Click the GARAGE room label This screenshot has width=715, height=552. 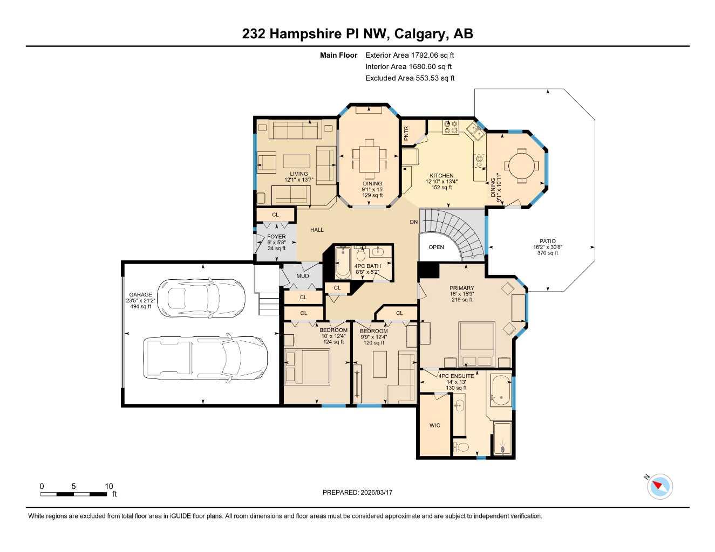click(x=140, y=295)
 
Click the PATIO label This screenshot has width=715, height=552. click(x=547, y=241)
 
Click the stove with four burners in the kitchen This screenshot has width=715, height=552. click(x=451, y=127)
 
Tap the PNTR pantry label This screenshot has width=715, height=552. click(x=406, y=133)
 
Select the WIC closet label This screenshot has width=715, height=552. click(x=434, y=425)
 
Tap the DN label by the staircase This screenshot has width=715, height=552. click(x=413, y=222)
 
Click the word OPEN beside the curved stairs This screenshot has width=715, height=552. click(x=436, y=247)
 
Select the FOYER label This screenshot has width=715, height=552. click(x=276, y=237)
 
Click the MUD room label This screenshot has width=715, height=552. click(x=303, y=276)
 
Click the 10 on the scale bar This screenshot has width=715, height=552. click(x=109, y=486)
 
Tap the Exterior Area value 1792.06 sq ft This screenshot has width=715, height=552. click(x=432, y=55)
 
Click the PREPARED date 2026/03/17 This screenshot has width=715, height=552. click(x=376, y=492)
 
